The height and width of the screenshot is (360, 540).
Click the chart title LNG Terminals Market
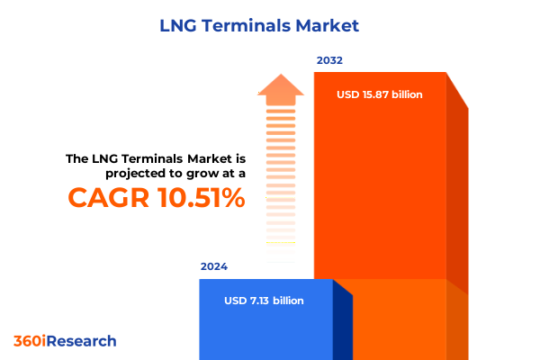click(269, 25)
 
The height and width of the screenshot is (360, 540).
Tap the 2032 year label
click(329, 61)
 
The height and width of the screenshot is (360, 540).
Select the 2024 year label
click(214, 267)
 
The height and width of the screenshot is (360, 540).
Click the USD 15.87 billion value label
click(379, 94)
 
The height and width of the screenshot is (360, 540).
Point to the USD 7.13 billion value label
click(264, 301)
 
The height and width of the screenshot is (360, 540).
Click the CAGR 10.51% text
click(156, 198)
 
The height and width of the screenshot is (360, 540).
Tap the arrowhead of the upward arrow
click(281, 88)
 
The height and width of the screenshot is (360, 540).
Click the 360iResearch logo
click(65, 341)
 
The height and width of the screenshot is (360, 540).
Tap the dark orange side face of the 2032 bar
click(457, 198)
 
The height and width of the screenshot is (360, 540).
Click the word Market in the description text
click(200, 158)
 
